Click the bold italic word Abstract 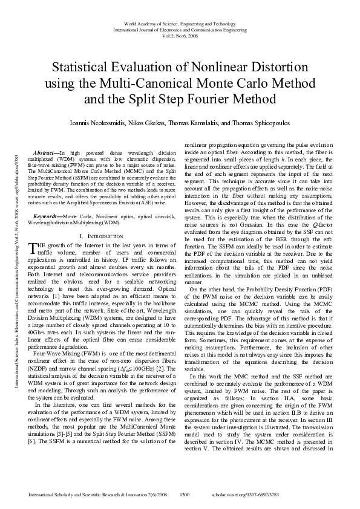pos(47,154)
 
